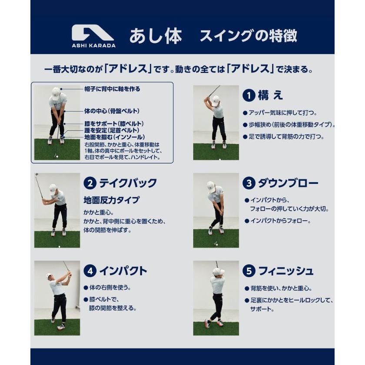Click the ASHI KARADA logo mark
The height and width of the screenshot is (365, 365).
(93, 34)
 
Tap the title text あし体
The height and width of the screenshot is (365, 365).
(156, 36)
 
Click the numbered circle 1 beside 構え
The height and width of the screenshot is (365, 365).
(249, 96)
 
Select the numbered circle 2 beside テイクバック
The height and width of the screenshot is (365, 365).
(90, 183)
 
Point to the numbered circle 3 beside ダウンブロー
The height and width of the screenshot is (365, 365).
(249, 183)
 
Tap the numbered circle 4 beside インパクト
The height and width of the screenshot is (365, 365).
(90, 271)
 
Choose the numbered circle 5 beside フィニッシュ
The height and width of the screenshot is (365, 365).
(249, 271)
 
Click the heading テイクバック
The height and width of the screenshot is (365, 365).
(128, 183)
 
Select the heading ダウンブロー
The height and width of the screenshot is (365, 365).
(288, 183)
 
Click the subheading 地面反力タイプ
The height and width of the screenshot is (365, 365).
(112, 200)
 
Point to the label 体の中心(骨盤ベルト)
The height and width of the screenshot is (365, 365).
(112, 111)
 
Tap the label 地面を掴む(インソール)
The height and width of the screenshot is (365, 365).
(115, 137)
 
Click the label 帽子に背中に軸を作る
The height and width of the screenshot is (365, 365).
(113, 89)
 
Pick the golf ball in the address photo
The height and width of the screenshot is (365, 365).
(57, 157)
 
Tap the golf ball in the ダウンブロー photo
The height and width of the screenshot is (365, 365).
(217, 245)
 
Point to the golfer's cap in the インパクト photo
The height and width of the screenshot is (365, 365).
(49, 276)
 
